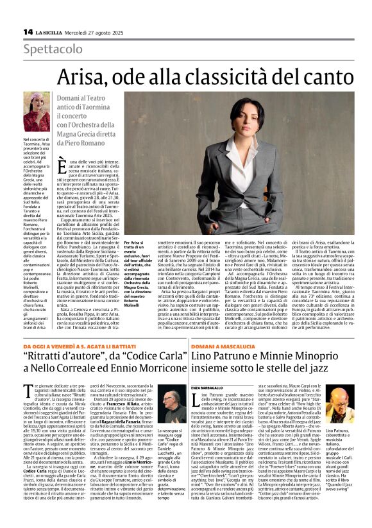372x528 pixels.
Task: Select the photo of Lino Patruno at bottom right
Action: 339,404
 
